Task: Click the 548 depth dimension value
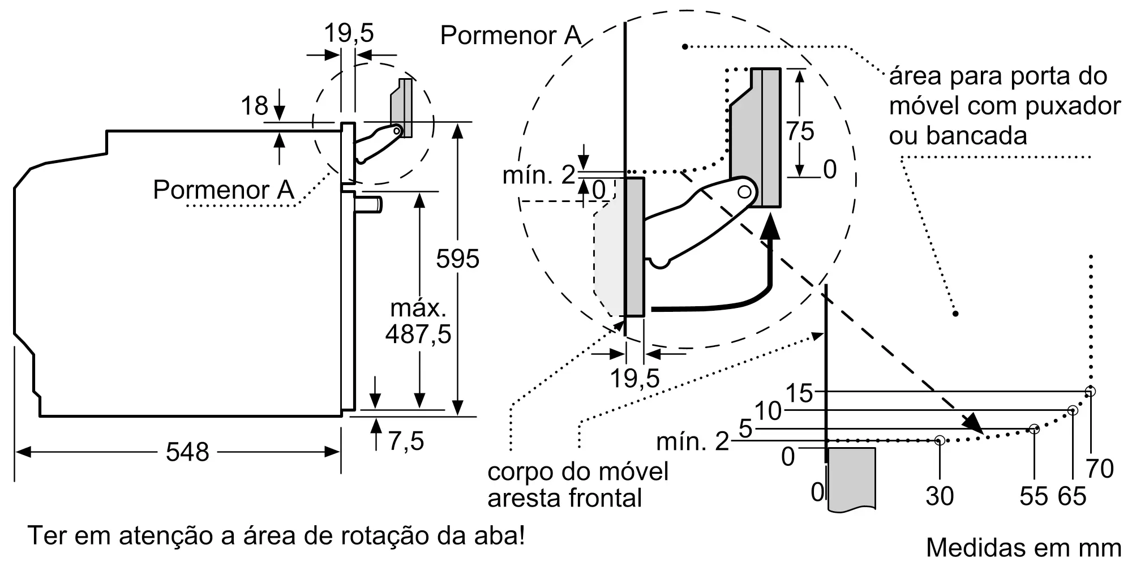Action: pyautogui.click(x=187, y=452)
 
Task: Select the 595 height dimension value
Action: pyautogui.click(x=457, y=259)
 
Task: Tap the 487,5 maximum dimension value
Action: pyautogui.click(x=418, y=334)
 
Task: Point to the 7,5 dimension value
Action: pyautogui.click(x=406, y=440)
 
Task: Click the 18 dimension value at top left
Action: pyautogui.click(x=254, y=106)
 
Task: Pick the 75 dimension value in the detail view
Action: pyautogui.click(x=800, y=131)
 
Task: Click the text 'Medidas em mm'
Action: pyautogui.click(x=1023, y=547)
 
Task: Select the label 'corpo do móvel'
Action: pyautogui.click(x=578, y=471)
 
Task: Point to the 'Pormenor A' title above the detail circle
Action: pyautogui.click(x=511, y=35)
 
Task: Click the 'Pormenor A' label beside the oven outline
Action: pyautogui.click(x=224, y=189)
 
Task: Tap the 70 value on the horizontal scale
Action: pyautogui.click(x=1100, y=469)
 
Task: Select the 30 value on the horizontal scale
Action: pyautogui.click(x=940, y=496)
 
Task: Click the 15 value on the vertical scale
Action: pyautogui.click(x=799, y=393)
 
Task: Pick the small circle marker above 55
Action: pyautogui.click(x=1034, y=429)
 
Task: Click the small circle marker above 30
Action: pyautogui.click(x=940, y=440)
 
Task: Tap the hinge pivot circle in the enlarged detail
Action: pyautogui.click(x=745, y=192)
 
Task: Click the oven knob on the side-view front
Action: pyautogui.click(x=368, y=204)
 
